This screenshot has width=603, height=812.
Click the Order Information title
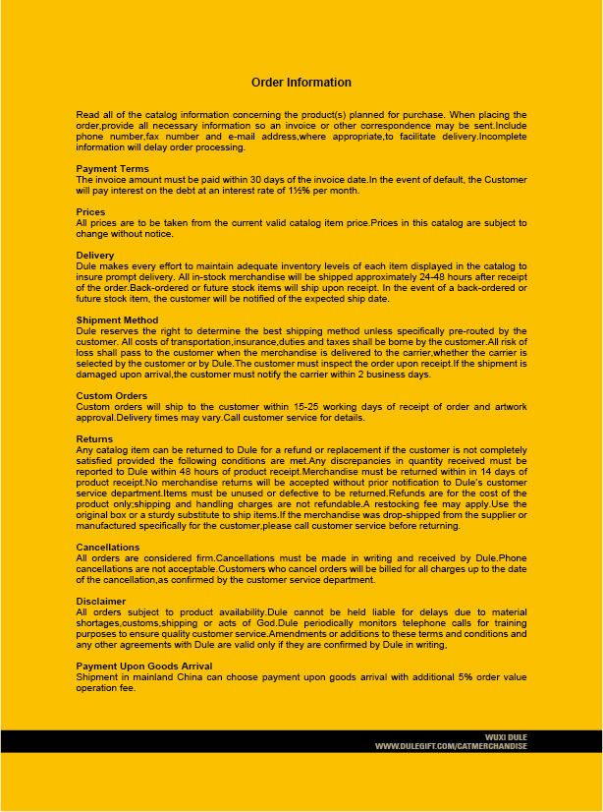[x=301, y=83]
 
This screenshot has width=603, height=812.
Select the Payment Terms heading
[x=113, y=169]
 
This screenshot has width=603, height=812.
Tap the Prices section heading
[x=90, y=212]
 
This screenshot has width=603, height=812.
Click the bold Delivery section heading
[x=95, y=256]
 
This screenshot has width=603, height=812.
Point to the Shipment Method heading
[x=117, y=319]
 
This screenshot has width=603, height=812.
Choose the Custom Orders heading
[x=112, y=396]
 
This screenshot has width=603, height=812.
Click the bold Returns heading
[x=94, y=439]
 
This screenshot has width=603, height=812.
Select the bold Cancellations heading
[x=107, y=546]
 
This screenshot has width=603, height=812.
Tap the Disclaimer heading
[x=101, y=600]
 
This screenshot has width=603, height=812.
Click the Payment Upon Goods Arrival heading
[x=143, y=667]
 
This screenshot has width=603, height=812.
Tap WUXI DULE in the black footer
[x=507, y=736]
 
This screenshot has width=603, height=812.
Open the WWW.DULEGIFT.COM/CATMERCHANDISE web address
[x=451, y=746]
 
